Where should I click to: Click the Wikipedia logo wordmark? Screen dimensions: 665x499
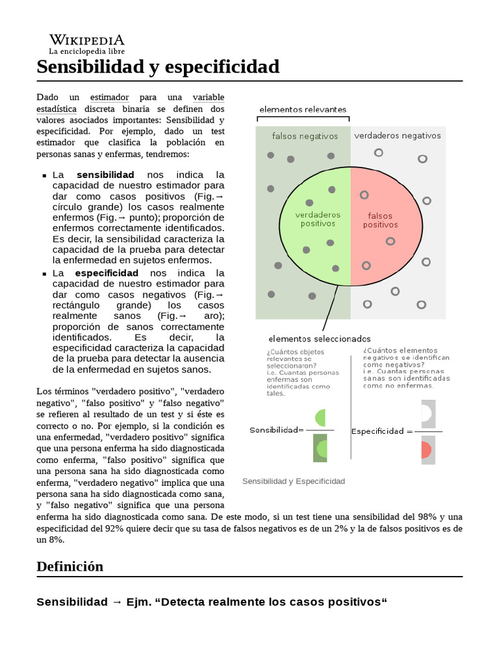pos(87,40)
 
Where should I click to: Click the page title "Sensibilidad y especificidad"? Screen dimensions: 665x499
pos(158,67)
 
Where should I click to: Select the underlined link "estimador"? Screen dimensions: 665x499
pos(109,97)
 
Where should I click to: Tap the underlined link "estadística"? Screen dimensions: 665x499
pos(57,108)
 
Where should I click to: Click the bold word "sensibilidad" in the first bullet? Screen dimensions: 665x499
pos(105,175)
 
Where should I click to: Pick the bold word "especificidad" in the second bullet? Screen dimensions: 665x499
pos(107,273)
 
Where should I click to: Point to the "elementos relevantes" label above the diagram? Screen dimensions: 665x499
pos(303,109)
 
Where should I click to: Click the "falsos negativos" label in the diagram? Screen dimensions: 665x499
pos(305,136)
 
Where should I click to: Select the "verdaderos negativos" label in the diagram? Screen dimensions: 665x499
pos(397,136)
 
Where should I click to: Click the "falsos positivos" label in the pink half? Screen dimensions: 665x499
pos(380,220)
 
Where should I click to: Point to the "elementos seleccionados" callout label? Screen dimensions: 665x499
pos(319,338)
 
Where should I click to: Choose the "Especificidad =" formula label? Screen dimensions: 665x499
pos(382,431)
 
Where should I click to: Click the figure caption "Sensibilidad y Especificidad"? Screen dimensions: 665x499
pos(293,481)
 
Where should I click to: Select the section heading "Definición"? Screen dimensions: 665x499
pos(70,566)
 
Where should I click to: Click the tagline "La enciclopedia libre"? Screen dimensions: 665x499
pos(86,51)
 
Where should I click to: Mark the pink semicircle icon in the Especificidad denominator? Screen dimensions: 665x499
pos(426,449)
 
